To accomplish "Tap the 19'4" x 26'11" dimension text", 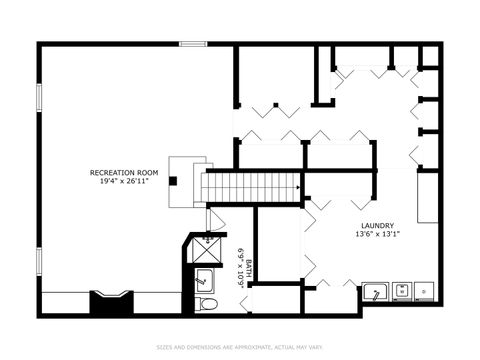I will point(125,182).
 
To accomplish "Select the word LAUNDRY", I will point(376,225).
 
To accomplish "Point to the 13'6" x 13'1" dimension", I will point(376,234).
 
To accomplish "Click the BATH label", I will point(250,268).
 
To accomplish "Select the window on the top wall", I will point(193,43).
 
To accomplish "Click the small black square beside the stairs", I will point(174,181).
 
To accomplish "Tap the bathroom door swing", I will point(215,220).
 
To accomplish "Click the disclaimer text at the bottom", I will point(240,347).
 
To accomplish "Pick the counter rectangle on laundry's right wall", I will point(427,195).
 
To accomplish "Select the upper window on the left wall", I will point(38,99).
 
